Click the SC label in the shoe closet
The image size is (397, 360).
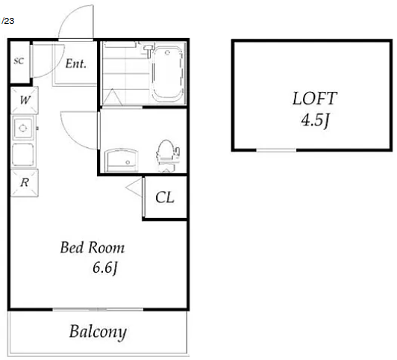pyautogui.click(x=19, y=61)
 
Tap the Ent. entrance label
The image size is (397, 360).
pyautogui.click(x=76, y=63)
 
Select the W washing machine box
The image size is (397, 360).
pyautogui.click(x=25, y=100)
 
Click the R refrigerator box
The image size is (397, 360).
pyautogui.click(x=25, y=183)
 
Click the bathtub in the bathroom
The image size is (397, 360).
pyautogui.click(x=167, y=75)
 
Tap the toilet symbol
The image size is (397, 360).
pyautogui.click(x=168, y=155)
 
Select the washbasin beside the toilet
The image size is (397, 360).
pyautogui.click(x=122, y=160)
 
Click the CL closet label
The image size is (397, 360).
pyautogui.click(x=165, y=198)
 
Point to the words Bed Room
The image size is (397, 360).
pyautogui.click(x=93, y=247)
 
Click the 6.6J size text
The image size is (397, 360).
pyautogui.click(x=105, y=268)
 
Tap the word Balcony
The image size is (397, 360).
pyautogui.click(x=98, y=332)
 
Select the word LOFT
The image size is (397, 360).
pyautogui.click(x=314, y=99)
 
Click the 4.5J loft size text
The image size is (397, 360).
pyautogui.click(x=315, y=120)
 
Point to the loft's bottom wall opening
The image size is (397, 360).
pyautogui.click(x=276, y=150)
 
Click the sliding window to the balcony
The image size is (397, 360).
pyautogui.click(x=98, y=309)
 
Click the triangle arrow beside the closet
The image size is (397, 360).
pyautogui.click(x=134, y=187)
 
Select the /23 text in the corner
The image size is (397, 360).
pyautogui.click(x=8, y=21)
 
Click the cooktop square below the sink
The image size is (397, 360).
pyautogui.click(x=23, y=155)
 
